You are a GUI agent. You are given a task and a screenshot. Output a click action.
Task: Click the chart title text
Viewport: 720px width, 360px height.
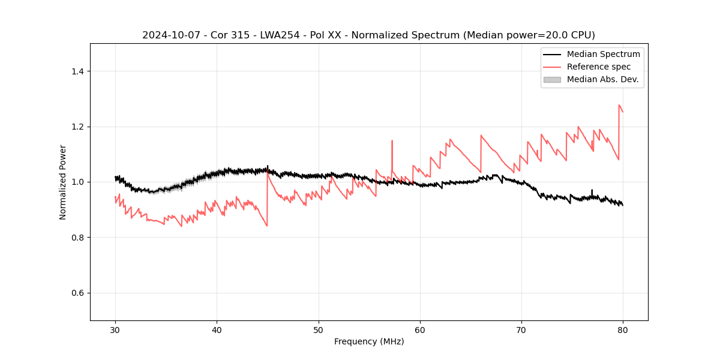pos(368,35)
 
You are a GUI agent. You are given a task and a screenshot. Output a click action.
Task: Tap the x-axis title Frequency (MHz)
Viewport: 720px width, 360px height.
pos(369,341)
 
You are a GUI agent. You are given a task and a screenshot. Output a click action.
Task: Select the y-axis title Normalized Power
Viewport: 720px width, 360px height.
pos(63,182)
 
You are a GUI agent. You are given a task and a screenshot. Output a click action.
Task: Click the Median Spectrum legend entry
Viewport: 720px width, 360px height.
pos(603,54)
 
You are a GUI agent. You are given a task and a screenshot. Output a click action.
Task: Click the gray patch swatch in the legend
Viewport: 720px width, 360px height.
pos(552,79)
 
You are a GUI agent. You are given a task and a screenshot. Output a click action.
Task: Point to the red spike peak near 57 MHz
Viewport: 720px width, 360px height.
pos(392,141)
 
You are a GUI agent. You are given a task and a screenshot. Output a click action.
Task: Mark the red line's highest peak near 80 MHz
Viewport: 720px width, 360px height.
pos(619,106)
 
